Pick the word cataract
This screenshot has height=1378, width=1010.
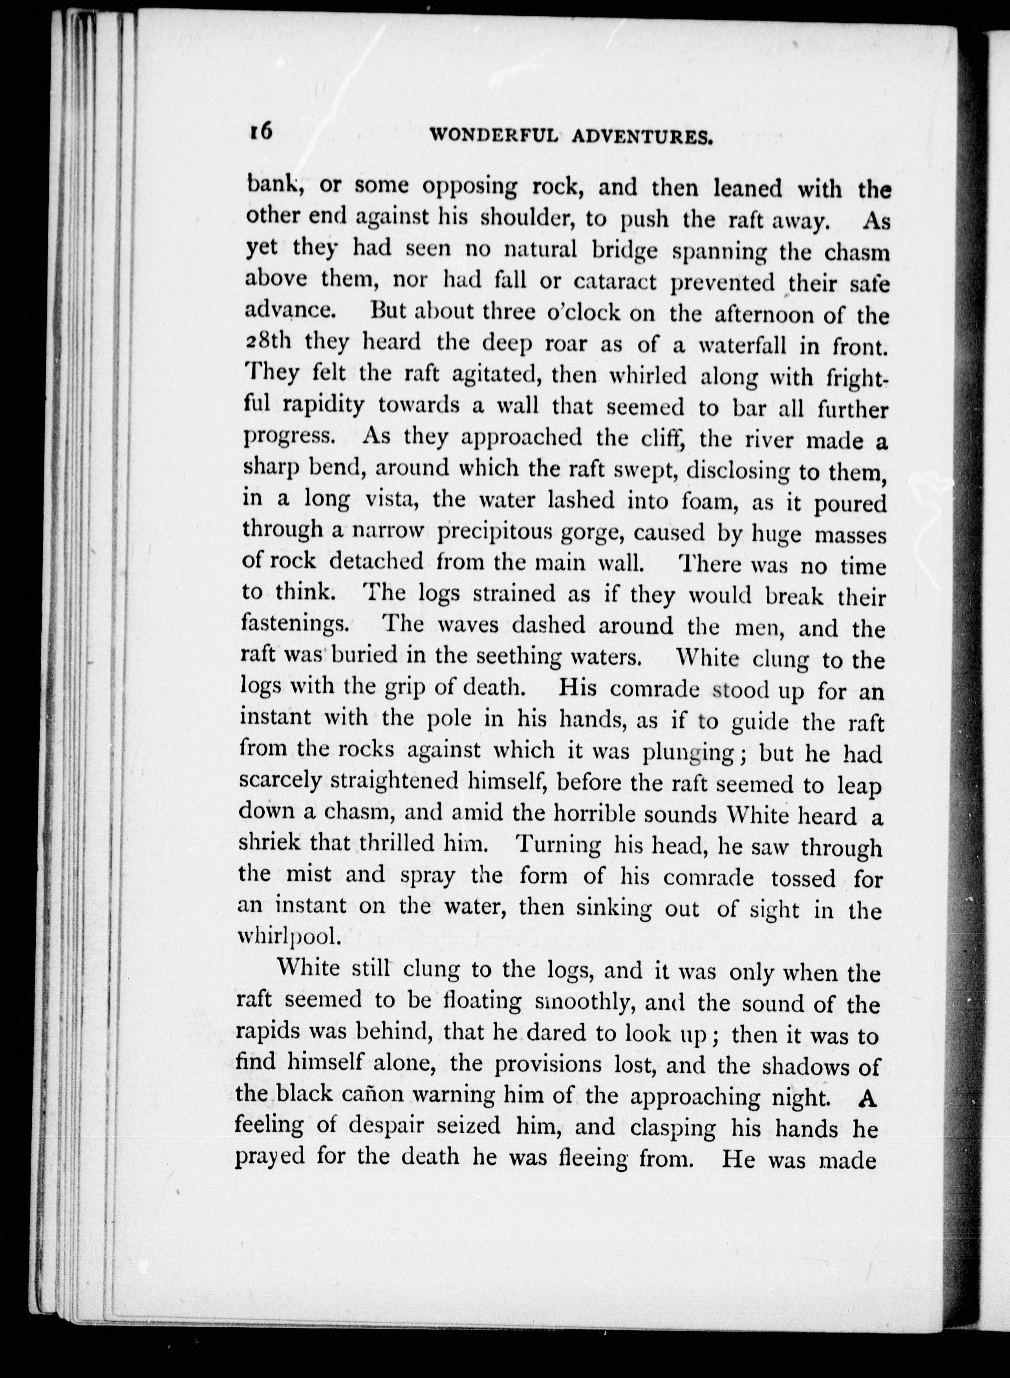click(x=615, y=282)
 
